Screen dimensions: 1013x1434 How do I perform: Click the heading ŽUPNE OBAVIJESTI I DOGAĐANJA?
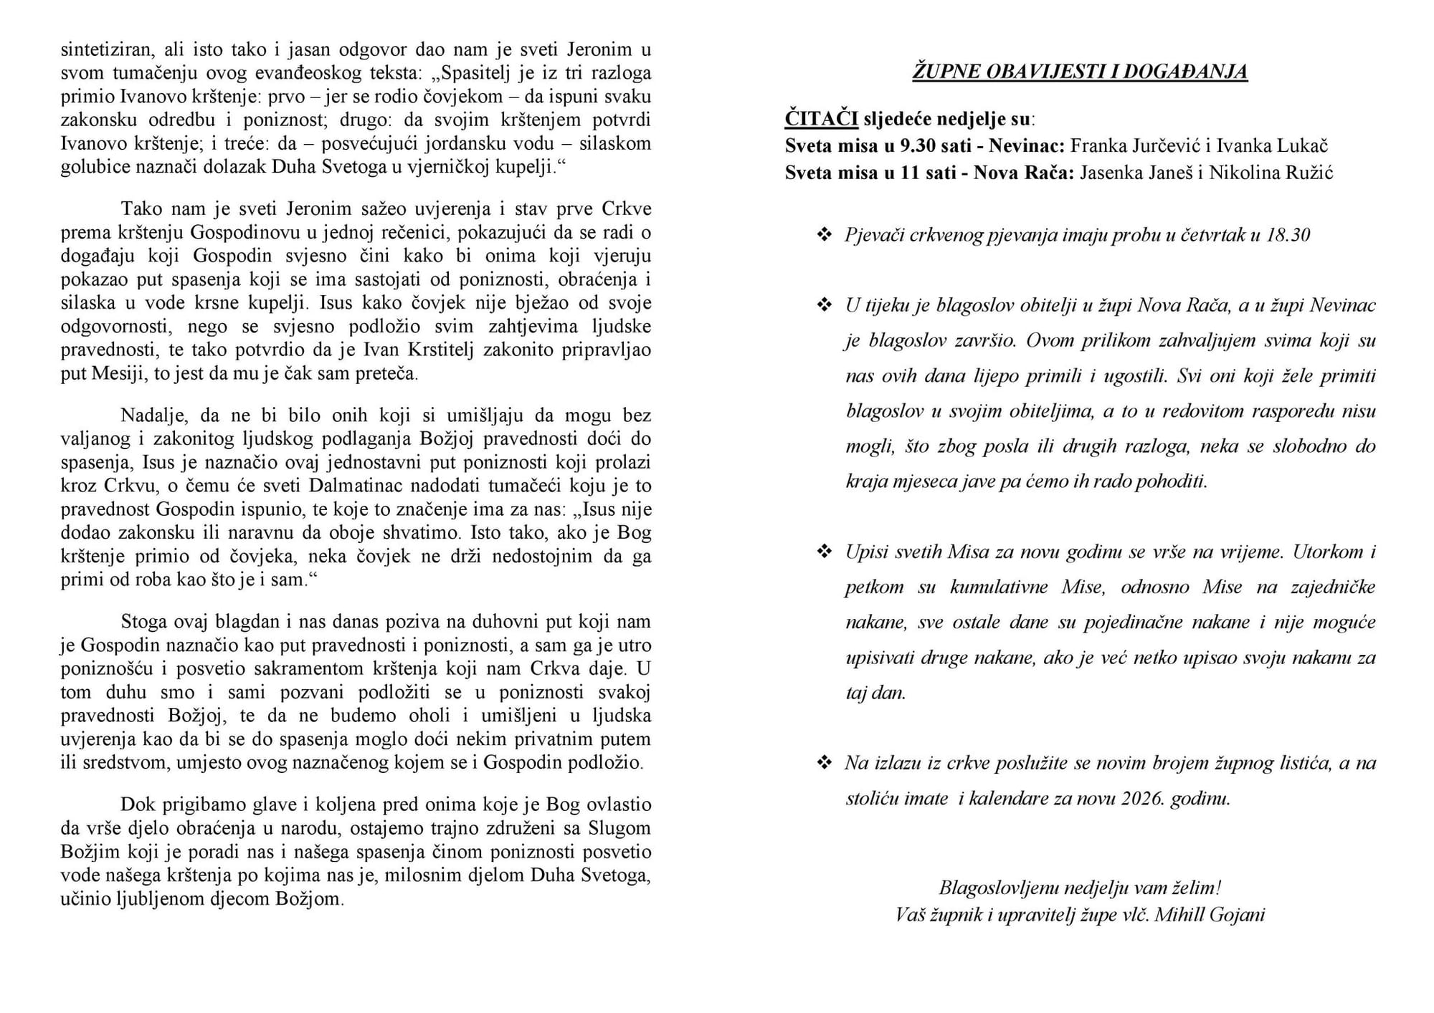tap(1080, 72)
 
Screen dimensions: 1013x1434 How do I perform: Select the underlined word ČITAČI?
tap(822, 118)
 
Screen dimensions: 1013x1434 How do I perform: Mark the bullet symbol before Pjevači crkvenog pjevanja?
tap(825, 234)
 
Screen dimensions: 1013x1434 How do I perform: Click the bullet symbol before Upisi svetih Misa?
tap(825, 552)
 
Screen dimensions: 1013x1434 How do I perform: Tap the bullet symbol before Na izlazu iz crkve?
tap(825, 762)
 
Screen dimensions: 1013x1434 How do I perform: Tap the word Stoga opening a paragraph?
tap(144, 621)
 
